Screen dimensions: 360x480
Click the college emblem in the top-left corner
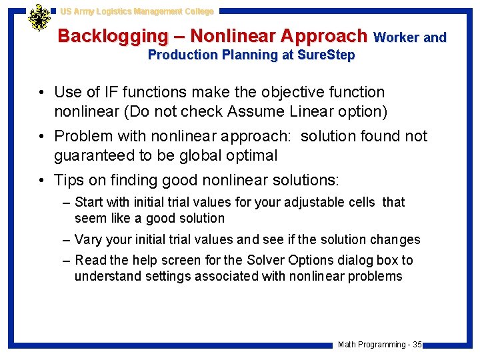tap(39, 18)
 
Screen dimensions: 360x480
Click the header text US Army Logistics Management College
tap(137, 11)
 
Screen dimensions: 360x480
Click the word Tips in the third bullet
tap(70, 180)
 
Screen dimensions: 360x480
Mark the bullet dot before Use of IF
tap(41, 92)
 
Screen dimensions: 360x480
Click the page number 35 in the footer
tap(417, 345)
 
